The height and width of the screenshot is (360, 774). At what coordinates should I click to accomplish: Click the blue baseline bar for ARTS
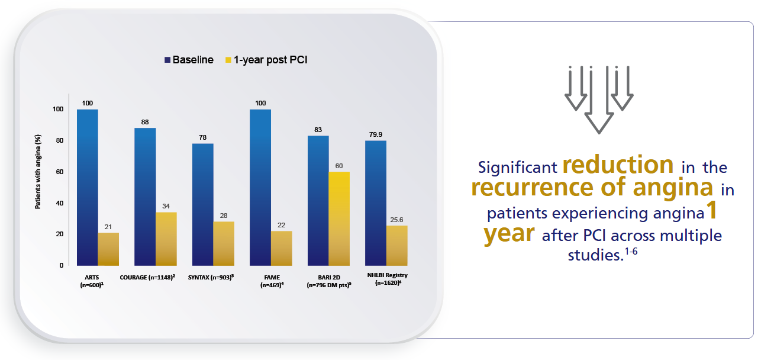click(x=87, y=187)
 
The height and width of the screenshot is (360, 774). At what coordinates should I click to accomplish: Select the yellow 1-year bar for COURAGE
click(x=166, y=239)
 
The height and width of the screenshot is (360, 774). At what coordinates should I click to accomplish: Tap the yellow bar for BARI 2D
click(x=338, y=218)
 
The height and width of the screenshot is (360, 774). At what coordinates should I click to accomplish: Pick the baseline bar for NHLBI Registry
click(x=375, y=202)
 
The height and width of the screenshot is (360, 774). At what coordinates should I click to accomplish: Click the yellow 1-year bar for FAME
click(x=281, y=248)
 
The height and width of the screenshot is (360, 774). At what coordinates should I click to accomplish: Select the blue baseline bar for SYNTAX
click(x=202, y=204)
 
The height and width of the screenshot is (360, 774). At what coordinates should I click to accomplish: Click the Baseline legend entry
click(x=189, y=60)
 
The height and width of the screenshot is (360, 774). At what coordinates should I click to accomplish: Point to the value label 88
click(x=144, y=122)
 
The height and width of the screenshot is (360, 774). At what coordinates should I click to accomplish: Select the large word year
click(x=508, y=234)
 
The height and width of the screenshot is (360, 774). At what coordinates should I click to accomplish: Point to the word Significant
click(x=517, y=167)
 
